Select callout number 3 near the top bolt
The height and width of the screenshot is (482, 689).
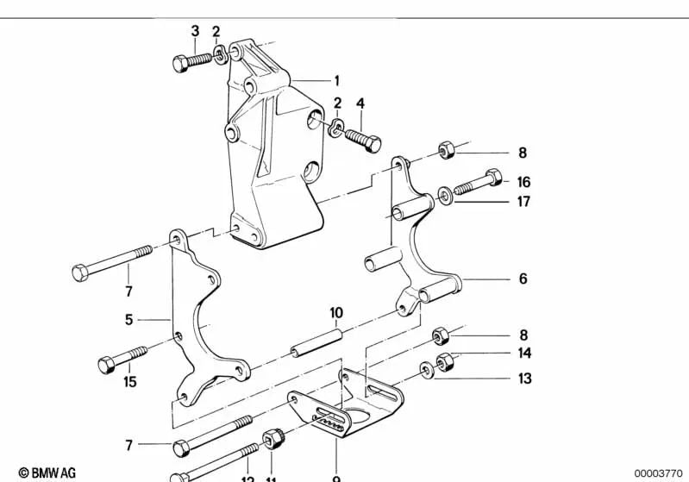point(195,31)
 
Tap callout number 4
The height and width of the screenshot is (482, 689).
point(360,103)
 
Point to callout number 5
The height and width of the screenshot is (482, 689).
point(128,319)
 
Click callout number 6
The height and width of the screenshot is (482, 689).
point(523,279)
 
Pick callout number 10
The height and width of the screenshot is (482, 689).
point(336,312)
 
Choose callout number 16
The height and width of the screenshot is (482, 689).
point(523,182)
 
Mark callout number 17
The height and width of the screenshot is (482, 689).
point(523,203)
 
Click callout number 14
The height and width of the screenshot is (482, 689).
point(524,353)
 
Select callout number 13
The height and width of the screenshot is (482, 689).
point(524,378)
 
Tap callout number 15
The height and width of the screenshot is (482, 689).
point(129,381)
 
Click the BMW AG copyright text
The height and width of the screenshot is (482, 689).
point(41,473)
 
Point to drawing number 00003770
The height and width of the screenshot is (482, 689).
point(658,473)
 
